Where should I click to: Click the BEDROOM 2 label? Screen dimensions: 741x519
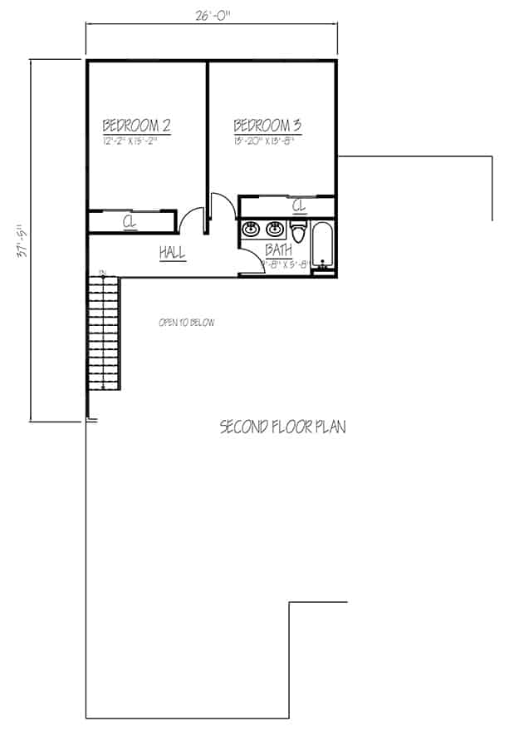pyautogui.click(x=136, y=126)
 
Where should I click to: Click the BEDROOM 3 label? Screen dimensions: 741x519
pyautogui.click(x=267, y=126)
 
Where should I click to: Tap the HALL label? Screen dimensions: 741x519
pyautogui.click(x=173, y=253)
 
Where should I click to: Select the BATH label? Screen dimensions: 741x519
pyautogui.click(x=278, y=249)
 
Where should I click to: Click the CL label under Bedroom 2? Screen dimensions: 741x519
pyautogui.click(x=130, y=222)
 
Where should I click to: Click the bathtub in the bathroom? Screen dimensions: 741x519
pyautogui.click(x=323, y=245)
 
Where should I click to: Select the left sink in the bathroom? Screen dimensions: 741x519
pyautogui.click(x=249, y=229)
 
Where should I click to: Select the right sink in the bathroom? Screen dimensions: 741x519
pyautogui.click(x=275, y=229)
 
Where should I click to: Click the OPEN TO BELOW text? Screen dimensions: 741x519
pyautogui.click(x=186, y=322)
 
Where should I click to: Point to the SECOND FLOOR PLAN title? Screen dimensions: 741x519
pyautogui.click(x=282, y=427)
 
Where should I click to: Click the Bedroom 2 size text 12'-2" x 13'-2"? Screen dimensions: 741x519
pyautogui.click(x=130, y=141)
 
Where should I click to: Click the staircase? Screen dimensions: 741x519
pyautogui.click(x=105, y=333)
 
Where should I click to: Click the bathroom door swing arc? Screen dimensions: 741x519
pyautogui.click(x=249, y=263)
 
